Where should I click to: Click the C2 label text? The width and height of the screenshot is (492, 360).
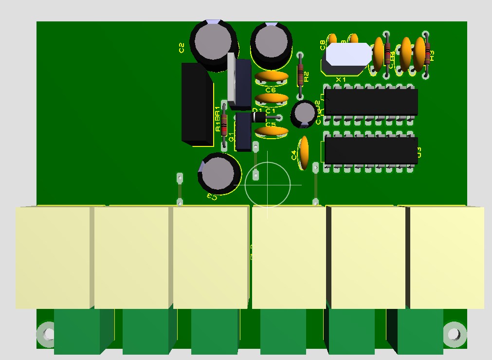click(182, 48)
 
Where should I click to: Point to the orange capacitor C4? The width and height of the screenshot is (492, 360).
click(305, 152)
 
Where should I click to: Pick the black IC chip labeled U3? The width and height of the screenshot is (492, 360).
click(371, 150)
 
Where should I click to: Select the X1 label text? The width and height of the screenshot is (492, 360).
click(341, 79)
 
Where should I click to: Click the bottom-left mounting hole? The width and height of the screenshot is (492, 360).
click(48, 334)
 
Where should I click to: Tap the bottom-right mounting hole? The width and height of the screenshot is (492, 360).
click(454, 334)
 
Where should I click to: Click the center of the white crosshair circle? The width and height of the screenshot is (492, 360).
click(267, 185)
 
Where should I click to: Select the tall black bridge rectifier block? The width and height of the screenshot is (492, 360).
click(197, 104)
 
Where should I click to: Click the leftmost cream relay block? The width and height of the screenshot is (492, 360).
click(53, 257)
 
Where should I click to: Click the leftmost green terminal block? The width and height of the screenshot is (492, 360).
click(78, 332)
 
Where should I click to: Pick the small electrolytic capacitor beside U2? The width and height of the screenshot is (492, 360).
click(304, 113)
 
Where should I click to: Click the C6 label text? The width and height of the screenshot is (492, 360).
click(271, 90)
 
